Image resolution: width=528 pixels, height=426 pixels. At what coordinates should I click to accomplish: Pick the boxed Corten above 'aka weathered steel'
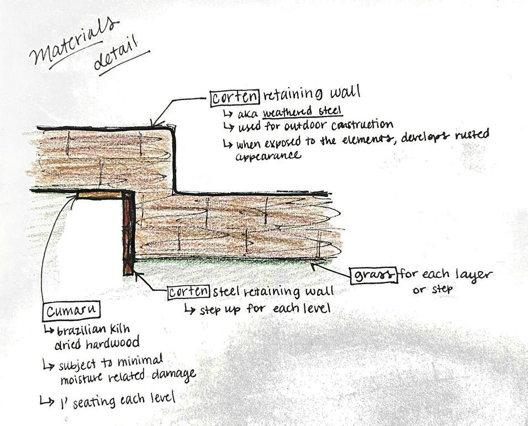tap(234, 98)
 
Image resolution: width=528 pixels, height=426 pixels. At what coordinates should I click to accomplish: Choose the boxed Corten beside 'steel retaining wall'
tap(188, 292)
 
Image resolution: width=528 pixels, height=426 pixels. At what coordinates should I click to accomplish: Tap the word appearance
tap(268, 156)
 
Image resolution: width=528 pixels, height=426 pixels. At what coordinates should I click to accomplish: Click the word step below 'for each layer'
tap(441, 289)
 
